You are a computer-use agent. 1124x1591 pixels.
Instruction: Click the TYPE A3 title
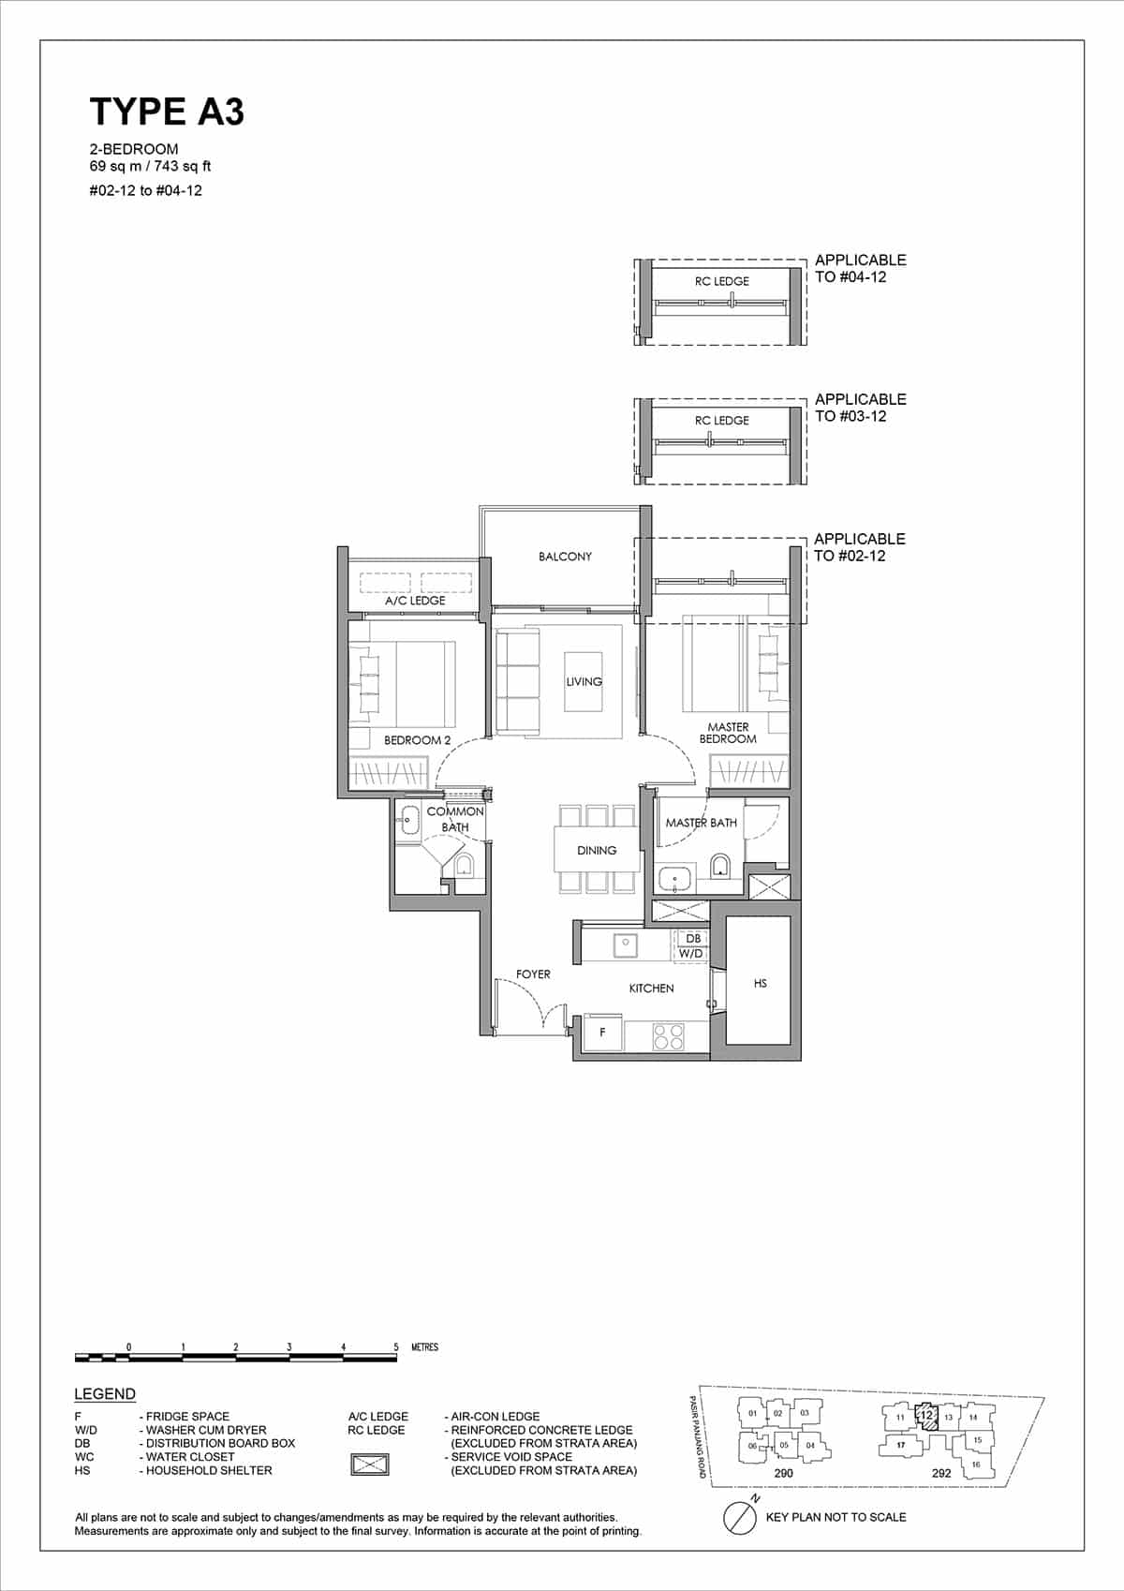167,112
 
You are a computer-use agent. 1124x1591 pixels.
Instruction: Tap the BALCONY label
565,557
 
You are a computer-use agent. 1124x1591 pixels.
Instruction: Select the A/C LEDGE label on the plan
415,601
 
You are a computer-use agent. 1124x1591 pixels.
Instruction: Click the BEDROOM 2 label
417,740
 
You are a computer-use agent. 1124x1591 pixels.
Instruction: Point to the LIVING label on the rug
584,681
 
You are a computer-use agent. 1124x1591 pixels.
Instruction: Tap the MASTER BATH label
701,823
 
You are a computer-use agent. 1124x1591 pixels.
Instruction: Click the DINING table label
597,851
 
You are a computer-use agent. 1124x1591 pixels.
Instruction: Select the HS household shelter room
760,983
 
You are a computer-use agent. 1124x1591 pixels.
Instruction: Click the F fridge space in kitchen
602,1033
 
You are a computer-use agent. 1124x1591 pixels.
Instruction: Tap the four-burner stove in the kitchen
667,1035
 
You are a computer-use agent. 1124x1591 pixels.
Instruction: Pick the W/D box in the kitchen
691,953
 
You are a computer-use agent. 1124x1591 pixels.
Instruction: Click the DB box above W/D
693,938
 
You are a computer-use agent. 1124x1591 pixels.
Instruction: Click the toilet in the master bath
719,863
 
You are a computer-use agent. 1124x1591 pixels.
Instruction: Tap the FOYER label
533,974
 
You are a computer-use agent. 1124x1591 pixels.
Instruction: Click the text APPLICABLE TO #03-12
859,408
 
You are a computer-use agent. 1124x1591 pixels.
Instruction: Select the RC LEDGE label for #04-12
721,281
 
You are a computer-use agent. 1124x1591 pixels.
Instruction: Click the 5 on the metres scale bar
396,1347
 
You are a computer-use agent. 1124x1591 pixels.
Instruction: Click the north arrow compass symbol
741,1517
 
